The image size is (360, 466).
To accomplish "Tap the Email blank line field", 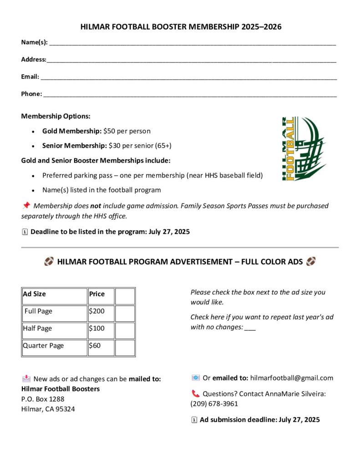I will [x=188, y=77].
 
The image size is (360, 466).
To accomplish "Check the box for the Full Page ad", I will [x=125, y=313].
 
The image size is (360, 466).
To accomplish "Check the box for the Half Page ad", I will [x=125, y=330].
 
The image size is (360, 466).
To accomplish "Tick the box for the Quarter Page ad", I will [x=125, y=348].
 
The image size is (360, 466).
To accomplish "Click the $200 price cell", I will [x=100, y=313].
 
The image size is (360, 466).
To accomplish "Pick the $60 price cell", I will [x=100, y=348].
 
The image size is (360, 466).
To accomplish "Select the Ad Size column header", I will [x=54, y=296].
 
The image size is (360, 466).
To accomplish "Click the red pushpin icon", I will [x=26, y=206].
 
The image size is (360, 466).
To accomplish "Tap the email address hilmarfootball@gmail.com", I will [x=291, y=378].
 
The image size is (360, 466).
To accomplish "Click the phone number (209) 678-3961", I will [x=214, y=404].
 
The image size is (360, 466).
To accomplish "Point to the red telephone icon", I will [x=195, y=394].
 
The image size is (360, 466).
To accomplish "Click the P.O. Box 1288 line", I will [x=43, y=399].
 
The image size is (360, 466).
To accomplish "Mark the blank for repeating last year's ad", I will [x=250, y=328].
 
